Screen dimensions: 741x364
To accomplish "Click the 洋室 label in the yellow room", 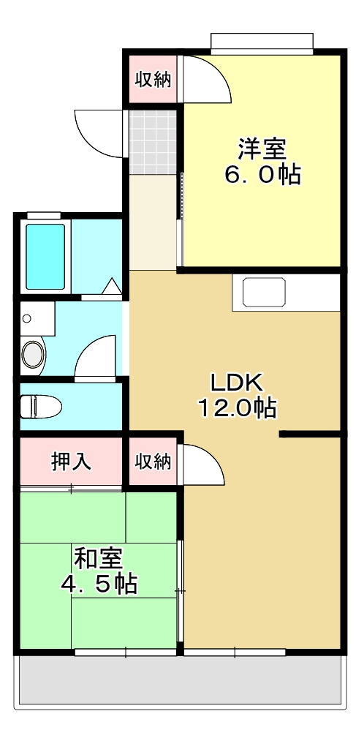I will (261, 148).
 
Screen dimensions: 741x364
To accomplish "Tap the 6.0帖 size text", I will (262, 175).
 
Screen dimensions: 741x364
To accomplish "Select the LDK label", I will (236, 382).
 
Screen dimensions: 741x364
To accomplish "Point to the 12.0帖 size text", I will (237, 407).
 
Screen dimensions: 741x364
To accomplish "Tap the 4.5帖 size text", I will (98, 584).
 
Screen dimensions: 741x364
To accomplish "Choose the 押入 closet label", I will (71, 462).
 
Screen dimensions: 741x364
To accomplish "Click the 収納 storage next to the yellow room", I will (153, 79).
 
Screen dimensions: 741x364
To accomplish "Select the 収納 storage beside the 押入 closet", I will (153, 462).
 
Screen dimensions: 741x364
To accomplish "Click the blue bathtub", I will (46, 256).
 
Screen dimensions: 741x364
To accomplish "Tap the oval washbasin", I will (33, 355).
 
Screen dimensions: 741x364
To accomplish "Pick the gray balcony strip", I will (179, 680).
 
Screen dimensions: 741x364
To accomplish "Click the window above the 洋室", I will (262, 42).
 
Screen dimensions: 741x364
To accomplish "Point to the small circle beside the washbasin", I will (28, 319).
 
